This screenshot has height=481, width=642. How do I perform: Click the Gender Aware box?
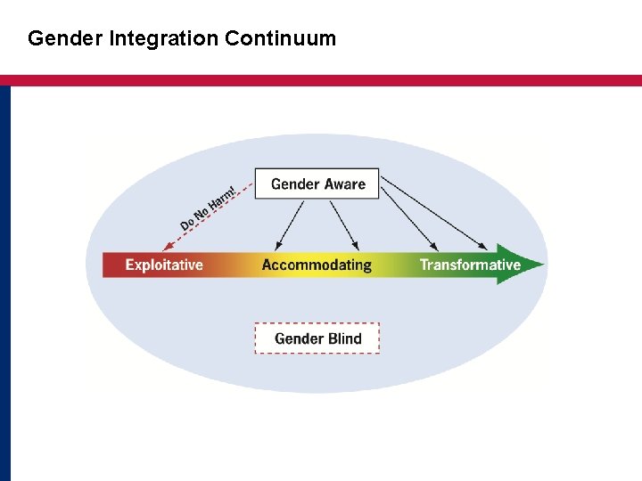[317, 183]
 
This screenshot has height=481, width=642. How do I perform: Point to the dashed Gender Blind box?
[317, 338]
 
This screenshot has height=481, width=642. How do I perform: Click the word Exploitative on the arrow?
[164, 265]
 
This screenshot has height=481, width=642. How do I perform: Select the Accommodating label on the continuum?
[317, 265]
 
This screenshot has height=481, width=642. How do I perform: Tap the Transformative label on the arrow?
[470, 265]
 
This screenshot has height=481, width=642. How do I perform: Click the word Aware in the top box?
[345, 184]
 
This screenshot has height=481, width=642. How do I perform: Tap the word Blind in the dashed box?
[345, 338]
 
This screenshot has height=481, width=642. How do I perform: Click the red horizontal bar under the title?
[321, 80]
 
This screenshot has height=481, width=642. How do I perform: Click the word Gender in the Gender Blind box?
[300, 338]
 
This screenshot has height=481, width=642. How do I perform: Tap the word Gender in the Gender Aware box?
[294, 184]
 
